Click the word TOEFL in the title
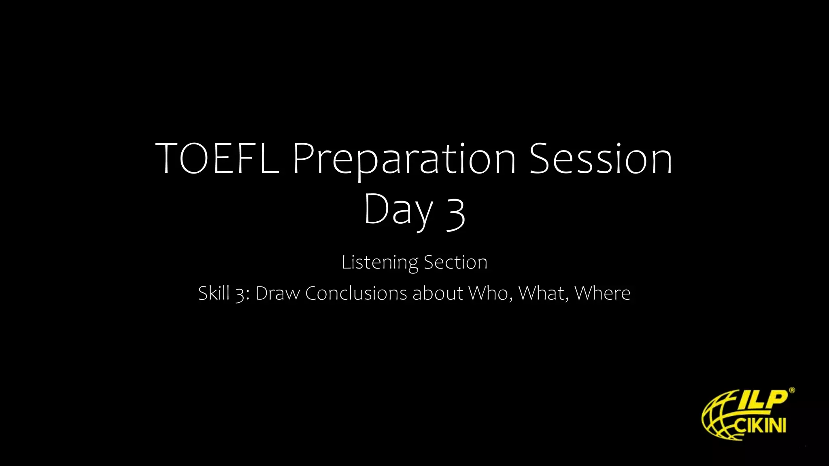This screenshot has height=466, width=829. (217, 158)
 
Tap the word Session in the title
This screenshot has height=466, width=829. (601, 158)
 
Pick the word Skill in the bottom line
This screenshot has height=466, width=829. (214, 293)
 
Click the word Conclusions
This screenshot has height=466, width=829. (356, 293)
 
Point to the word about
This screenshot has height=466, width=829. (438, 293)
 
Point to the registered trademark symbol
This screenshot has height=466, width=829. (792, 390)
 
